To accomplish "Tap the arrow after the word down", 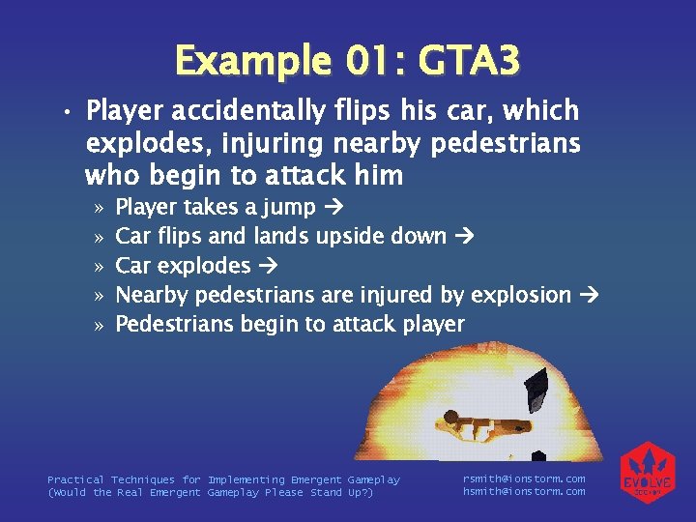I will pos(465,236).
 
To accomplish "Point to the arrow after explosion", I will pos(589,295).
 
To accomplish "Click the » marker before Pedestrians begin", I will pos(99,325).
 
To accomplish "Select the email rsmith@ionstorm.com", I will pos(524,478).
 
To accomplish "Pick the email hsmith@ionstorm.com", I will pos(524,492).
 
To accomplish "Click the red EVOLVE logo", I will pos(648,473).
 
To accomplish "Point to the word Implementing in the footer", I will pos(246,479).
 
